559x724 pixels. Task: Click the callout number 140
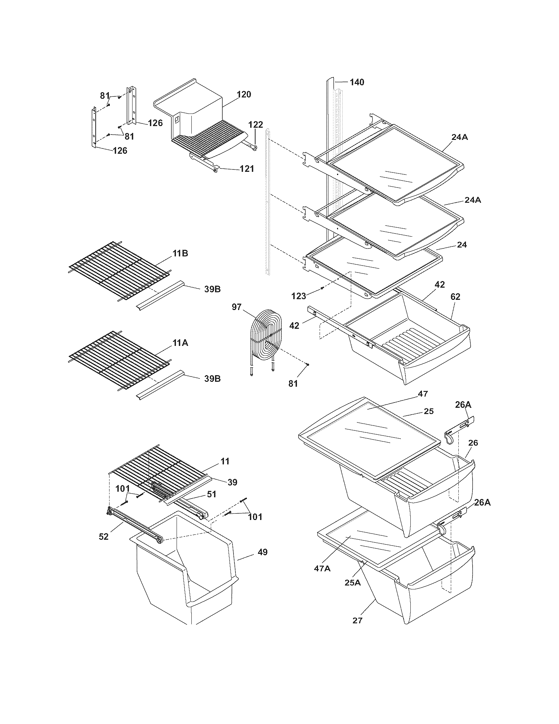(357, 82)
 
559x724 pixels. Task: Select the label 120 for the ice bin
(244, 94)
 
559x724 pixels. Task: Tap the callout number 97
(236, 307)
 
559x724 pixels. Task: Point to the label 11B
(180, 254)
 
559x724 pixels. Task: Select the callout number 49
(262, 552)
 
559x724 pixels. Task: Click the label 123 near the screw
(299, 296)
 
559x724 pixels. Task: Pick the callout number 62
(455, 297)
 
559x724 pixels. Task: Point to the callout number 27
(358, 620)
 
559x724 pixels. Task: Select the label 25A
(352, 582)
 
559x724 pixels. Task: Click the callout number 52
(104, 537)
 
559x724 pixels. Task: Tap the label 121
(247, 169)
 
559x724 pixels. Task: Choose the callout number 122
(255, 125)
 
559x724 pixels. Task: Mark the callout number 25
(428, 411)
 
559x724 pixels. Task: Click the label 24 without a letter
(462, 245)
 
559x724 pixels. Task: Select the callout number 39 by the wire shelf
(232, 482)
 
